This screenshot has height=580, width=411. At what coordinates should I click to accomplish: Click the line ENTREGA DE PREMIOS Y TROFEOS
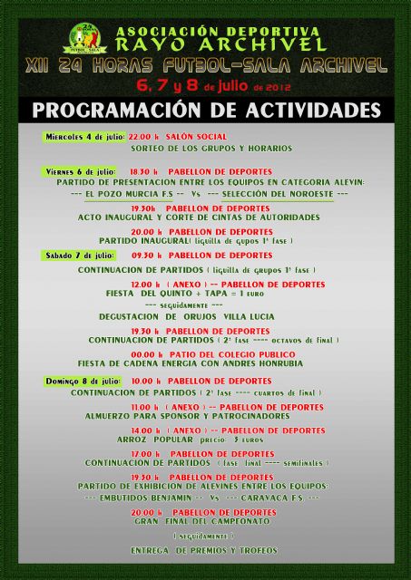pos(203,550)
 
